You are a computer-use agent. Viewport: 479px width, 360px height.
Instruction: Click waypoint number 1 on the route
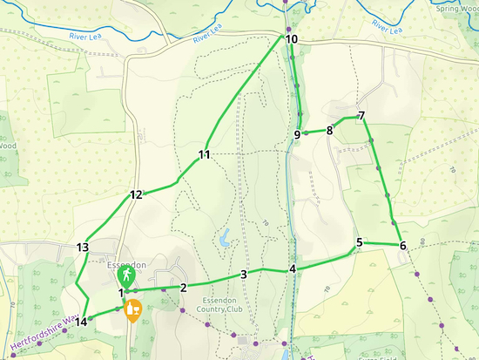(x=120, y=293)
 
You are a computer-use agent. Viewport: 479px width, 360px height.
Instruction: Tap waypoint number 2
(x=184, y=288)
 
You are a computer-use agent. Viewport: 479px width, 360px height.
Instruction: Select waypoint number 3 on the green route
(x=244, y=275)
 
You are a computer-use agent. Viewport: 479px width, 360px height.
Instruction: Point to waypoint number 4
(x=293, y=268)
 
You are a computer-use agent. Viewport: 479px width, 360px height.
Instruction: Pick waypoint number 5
(x=359, y=242)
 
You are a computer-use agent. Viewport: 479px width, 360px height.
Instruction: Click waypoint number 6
(x=403, y=245)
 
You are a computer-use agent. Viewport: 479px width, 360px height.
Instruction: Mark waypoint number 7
(x=361, y=116)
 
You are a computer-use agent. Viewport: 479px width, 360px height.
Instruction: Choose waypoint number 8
(x=329, y=131)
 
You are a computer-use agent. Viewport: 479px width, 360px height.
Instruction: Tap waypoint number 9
(x=297, y=134)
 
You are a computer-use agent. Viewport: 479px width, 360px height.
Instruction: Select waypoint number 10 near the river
(x=291, y=39)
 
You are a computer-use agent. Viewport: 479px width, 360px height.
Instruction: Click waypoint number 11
(x=205, y=155)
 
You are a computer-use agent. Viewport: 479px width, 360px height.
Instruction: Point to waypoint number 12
(x=136, y=195)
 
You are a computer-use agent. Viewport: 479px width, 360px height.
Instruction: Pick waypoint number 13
(x=83, y=248)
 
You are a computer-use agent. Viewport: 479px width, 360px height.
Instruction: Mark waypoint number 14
(x=81, y=322)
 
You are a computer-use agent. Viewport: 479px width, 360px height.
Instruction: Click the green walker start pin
(x=126, y=276)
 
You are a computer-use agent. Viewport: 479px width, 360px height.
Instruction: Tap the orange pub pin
(x=133, y=309)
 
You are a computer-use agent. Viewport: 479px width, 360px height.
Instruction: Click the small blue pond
(x=226, y=237)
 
